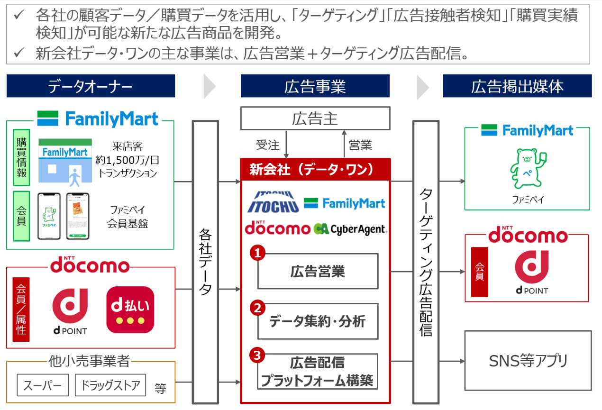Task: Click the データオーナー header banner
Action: (x=91, y=86)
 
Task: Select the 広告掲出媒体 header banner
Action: (x=517, y=86)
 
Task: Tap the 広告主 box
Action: (x=315, y=118)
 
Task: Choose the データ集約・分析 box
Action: (x=318, y=321)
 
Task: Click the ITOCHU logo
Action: (x=273, y=201)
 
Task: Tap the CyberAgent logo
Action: (x=350, y=229)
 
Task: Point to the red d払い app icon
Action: (x=130, y=310)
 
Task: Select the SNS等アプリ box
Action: (x=528, y=361)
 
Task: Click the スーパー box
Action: (x=43, y=385)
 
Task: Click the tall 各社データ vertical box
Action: (x=205, y=262)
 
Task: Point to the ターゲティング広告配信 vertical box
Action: (x=426, y=262)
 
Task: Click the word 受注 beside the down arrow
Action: (x=268, y=145)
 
